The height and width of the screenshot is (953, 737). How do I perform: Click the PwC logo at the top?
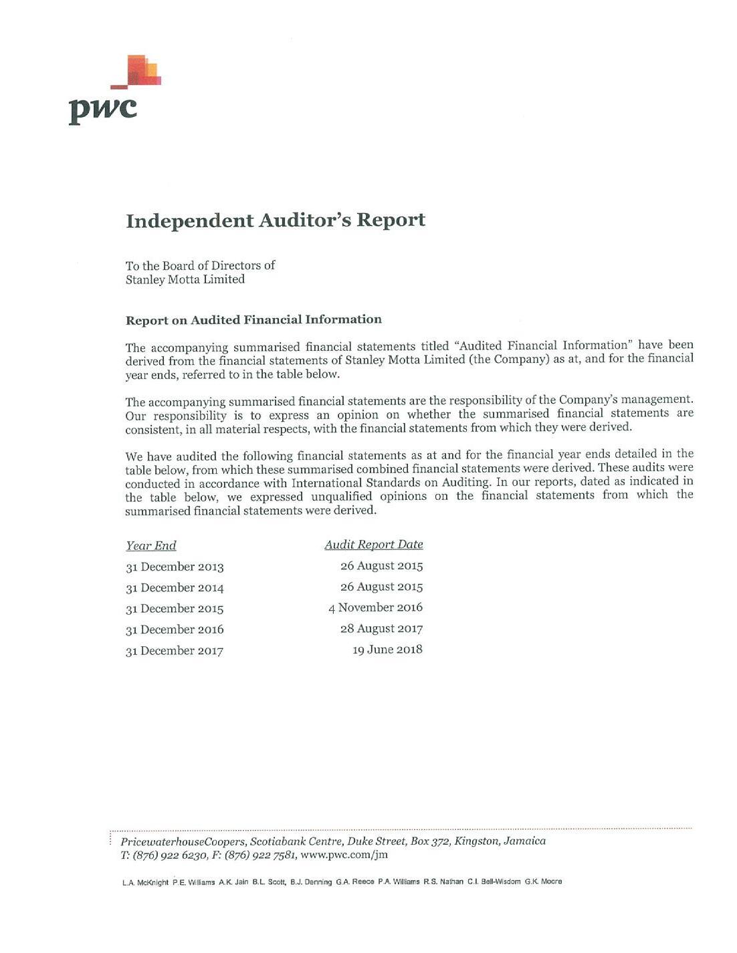tap(114, 90)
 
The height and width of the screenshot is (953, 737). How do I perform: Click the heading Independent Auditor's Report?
tap(275, 221)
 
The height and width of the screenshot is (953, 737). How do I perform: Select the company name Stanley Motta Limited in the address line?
tap(185, 279)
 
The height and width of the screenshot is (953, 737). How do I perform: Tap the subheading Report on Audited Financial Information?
tap(253, 319)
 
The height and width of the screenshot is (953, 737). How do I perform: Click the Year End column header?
tap(151, 545)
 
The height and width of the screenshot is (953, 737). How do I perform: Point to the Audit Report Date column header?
tap(374, 545)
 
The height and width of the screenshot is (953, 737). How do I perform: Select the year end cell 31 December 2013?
tap(175, 567)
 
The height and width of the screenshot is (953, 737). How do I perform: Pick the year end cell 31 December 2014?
tap(175, 587)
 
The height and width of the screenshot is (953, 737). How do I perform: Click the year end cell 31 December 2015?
tap(175, 608)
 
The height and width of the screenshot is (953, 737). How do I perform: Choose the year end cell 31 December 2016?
tap(175, 630)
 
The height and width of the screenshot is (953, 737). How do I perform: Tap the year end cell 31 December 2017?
tap(175, 650)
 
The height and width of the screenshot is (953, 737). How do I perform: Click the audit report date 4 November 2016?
tap(375, 607)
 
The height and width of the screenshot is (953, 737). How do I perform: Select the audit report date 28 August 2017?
tap(381, 628)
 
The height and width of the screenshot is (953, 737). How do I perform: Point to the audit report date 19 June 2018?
tap(387, 650)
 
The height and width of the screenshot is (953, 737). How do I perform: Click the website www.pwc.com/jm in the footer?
tap(344, 855)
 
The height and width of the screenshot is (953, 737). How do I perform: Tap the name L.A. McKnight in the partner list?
tap(145, 882)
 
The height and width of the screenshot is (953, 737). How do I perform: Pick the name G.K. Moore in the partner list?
tap(543, 881)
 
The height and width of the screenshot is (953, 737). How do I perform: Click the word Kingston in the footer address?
tap(477, 841)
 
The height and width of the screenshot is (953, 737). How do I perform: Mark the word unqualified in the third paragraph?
tap(341, 497)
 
